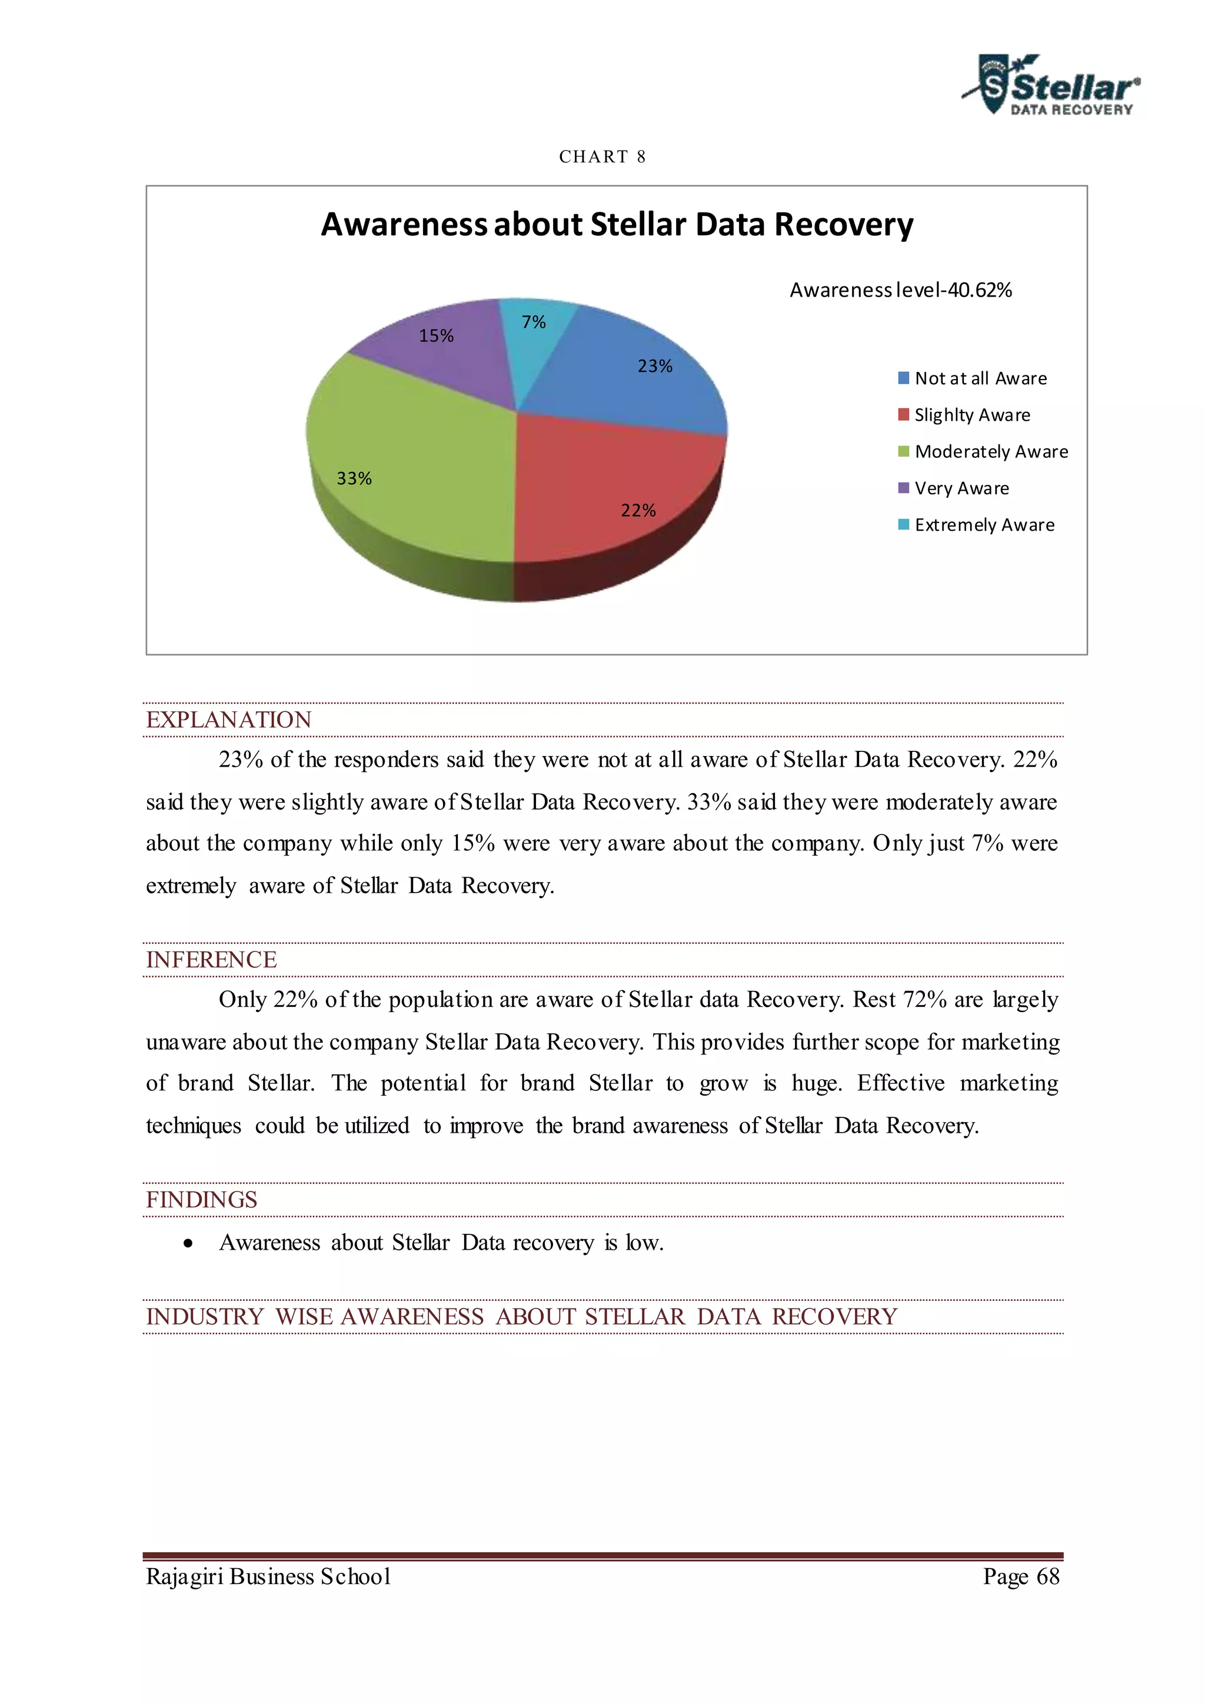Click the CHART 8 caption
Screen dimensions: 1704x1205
602,157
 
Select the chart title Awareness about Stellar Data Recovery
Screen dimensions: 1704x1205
617,224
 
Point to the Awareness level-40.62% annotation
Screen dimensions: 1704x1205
900,290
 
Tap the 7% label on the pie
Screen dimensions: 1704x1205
534,322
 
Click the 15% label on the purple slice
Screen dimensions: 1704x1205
437,336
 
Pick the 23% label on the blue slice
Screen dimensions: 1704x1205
655,367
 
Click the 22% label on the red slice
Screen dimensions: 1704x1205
638,511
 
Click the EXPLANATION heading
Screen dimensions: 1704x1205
228,720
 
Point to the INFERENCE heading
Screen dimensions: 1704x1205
211,960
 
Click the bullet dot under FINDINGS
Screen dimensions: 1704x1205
188,1244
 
